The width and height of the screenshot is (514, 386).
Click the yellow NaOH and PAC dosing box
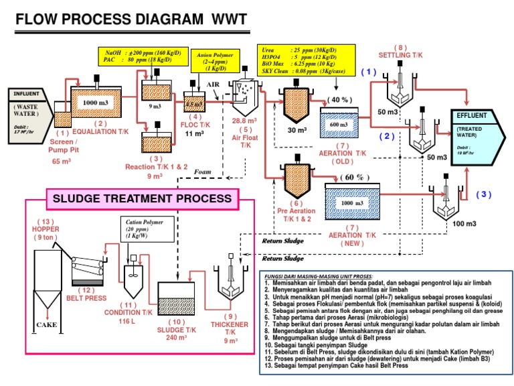coord(142,56)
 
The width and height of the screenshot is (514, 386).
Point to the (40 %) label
coord(341,100)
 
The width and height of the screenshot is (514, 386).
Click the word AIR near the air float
coord(213,85)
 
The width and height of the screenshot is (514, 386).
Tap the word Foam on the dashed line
coord(202,172)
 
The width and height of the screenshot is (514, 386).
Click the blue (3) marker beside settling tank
coord(483,194)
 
